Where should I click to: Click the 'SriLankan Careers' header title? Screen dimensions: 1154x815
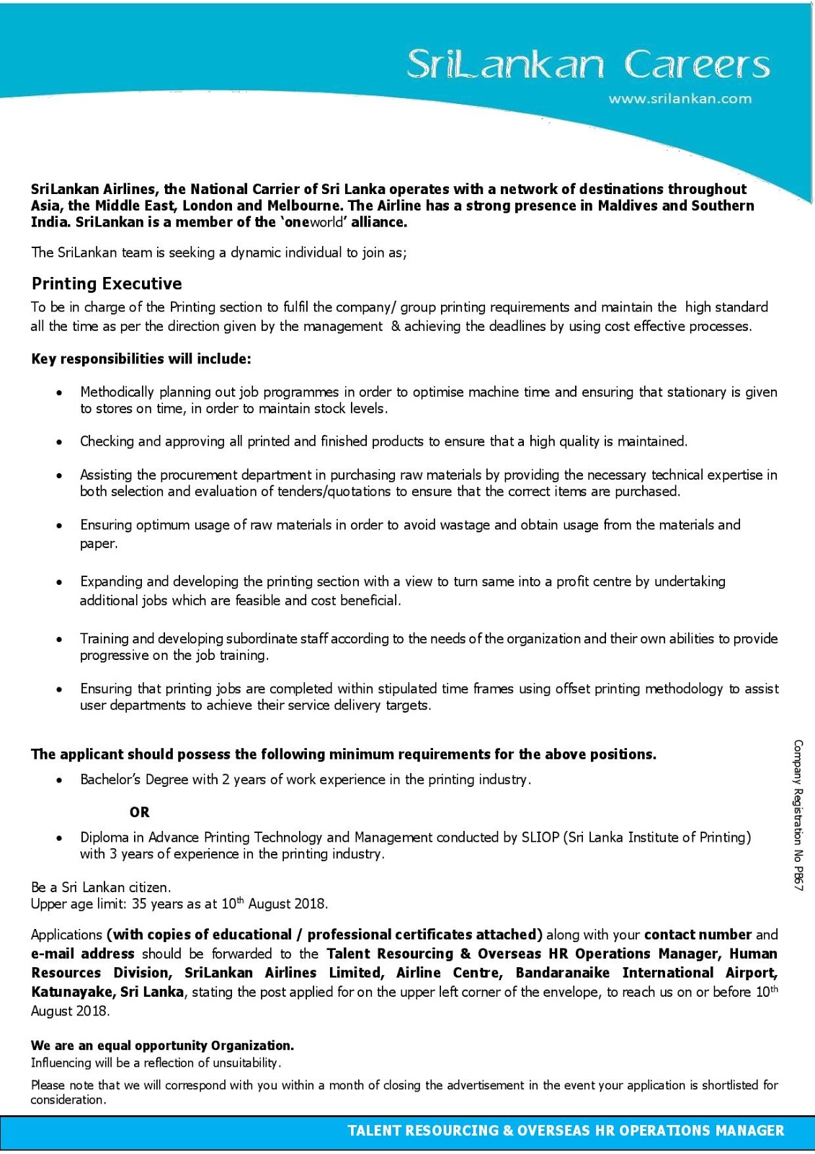(x=587, y=65)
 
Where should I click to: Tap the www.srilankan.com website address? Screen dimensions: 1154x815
(x=680, y=99)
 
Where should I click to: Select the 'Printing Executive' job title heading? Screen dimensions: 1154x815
(x=107, y=283)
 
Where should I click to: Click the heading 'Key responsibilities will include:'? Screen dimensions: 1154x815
(x=141, y=358)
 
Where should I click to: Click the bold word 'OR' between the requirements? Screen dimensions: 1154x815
(x=140, y=812)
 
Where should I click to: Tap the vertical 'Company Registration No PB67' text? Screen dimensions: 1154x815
(x=798, y=815)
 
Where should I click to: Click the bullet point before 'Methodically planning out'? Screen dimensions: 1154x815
(x=60, y=393)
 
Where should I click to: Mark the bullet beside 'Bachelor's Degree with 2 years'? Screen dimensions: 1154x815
(x=60, y=780)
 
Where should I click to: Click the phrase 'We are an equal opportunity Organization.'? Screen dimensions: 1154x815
(x=162, y=1045)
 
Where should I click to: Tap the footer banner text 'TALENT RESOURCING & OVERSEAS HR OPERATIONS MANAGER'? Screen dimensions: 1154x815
(x=566, y=1130)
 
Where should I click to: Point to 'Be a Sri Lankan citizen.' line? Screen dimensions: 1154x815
(x=101, y=887)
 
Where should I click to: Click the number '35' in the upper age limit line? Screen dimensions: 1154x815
(x=140, y=904)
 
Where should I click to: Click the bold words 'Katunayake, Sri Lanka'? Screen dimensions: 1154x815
(x=107, y=992)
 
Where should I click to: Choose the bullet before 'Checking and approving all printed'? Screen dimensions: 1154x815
(x=60, y=442)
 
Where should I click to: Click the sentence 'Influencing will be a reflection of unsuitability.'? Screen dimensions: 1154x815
(x=156, y=1062)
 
